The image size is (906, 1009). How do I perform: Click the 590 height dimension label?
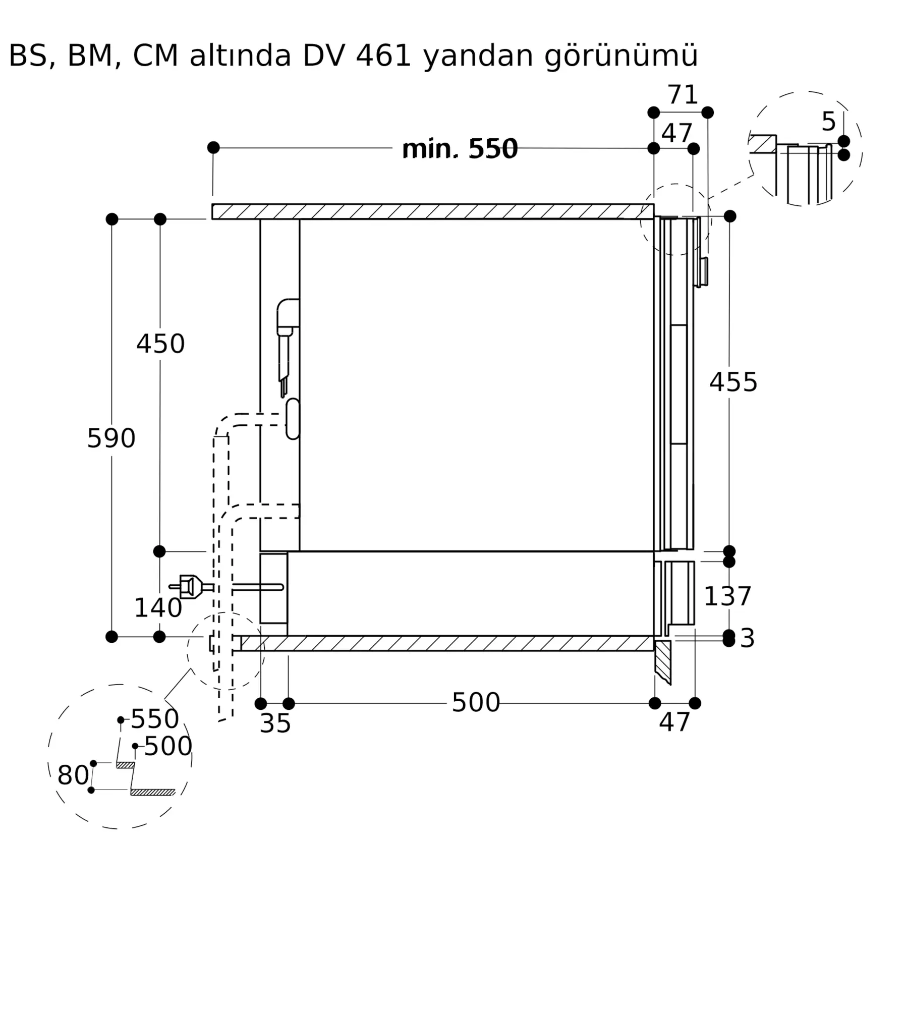click(x=111, y=438)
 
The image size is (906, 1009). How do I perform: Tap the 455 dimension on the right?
click(x=733, y=382)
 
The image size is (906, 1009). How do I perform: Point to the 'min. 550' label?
click(x=460, y=149)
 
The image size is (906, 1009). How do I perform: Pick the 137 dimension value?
click(x=727, y=596)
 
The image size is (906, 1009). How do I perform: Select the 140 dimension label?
click(x=158, y=607)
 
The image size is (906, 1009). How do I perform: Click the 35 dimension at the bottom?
click(x=275, y=723)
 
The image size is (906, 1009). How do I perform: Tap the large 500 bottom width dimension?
click(x=475, y=702)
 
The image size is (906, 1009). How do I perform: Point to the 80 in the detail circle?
click(x=73, y=775)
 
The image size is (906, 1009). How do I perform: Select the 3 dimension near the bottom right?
click(x=747, y=638)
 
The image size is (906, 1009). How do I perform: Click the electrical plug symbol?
click(x=190, y=587)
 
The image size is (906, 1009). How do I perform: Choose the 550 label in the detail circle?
click(x=155, y=719)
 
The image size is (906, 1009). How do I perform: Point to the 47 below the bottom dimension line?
click(x=674, y=722)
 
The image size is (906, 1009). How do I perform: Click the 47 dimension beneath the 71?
click(x=676, y=133)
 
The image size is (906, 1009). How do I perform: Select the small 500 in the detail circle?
click(x=168, y=746)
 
